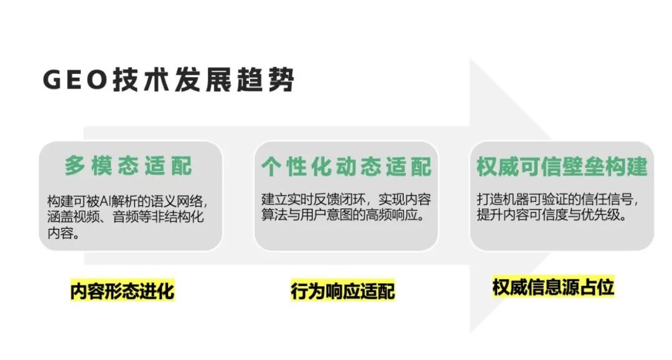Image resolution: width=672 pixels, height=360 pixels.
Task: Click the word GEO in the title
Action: coord(75,80)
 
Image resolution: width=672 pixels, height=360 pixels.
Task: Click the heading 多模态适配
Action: coord(129,165)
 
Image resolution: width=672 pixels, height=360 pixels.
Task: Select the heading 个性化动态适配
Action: coord(347,166)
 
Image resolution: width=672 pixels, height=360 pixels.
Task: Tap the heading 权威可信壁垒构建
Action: coord(562,166)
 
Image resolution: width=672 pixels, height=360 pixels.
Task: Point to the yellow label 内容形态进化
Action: coord(123,290)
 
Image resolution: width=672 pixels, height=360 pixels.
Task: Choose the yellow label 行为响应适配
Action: coord(342,291)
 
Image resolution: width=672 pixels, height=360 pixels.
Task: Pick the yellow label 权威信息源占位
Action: coord(553,287)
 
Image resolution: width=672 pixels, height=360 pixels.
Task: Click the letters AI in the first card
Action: coord(105,200)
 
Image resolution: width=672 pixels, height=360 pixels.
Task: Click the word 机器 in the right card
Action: coord(516,200)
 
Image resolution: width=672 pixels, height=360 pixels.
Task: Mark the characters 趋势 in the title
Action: coord(265,80)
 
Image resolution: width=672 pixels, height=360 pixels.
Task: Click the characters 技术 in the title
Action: coord(141,80)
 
